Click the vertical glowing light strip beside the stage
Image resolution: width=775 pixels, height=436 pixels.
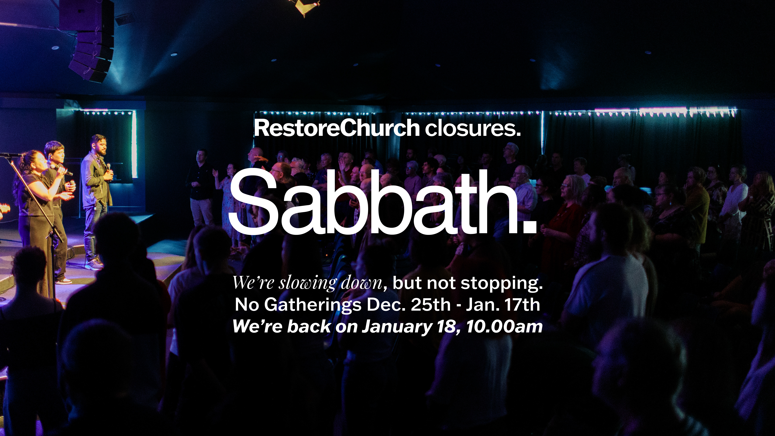click(x=134, y=144)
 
